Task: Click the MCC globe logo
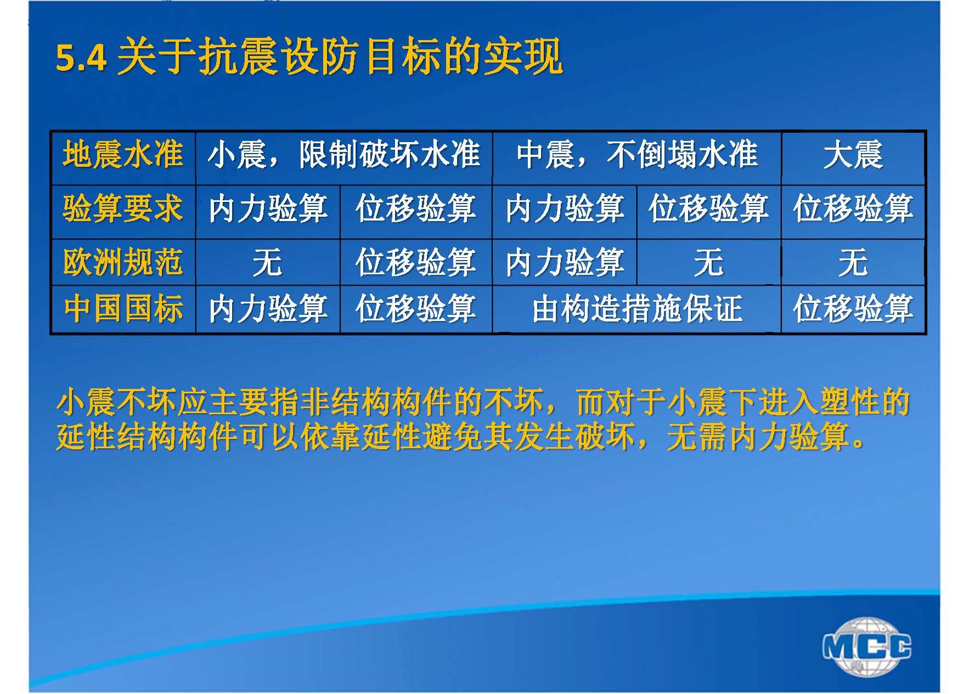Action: pyautogui.click(x=866, y=646)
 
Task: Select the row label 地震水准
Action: pyautogui.click(x=123, y=154)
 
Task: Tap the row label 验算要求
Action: pyautogui.click(x=123, y=209)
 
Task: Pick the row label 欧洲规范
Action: pyautogui.click(x=123, y=262)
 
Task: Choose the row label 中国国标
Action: pyautogui.click(x=123, y=308)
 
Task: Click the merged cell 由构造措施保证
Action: pyautogui.click(x=637, y=308)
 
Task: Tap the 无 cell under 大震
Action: pyautogui.click(x=853, y=262)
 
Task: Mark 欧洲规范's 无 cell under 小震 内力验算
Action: pyautogui.click(x=268, y=262)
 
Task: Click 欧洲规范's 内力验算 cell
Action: pyautogui.click(x=565, y=262)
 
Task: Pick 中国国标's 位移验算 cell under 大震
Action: pyautogui.click(x=853, y=308)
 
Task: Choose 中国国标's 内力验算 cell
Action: pyautogui.click(x=268, y=308)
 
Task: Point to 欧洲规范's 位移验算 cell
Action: pyautogui.click(x=416, y=262)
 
